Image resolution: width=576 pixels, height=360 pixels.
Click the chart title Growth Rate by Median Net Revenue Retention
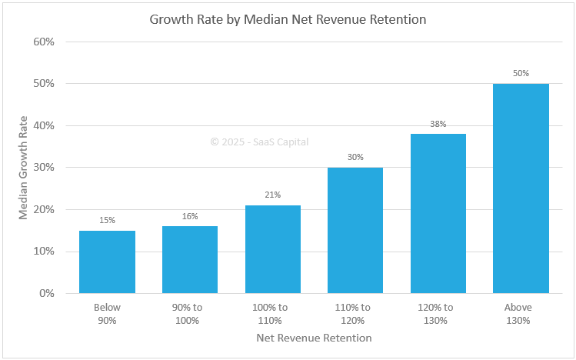[x=288, y=19]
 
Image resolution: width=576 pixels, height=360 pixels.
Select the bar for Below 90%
[x=107, y=262]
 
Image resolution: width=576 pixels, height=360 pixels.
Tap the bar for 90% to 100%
[x=190, y=260]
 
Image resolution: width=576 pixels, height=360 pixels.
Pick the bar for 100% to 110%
[x=272, y=249]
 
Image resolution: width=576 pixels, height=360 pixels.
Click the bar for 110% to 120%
[x=355, y=231]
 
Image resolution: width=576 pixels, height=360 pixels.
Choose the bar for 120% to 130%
[x=438, y=214]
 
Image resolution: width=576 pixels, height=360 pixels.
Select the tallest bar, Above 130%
[x=521, y=188]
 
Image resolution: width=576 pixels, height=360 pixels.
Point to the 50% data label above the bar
[x=521, y=73]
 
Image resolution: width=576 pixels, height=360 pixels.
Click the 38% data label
[x=438, y=124]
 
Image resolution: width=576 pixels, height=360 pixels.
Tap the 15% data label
[x=107, y=220]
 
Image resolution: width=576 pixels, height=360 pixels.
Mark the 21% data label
[x=272, y=195]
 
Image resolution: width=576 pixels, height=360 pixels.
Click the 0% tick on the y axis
[x=47, y=293]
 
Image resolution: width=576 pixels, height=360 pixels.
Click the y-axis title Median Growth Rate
[x=23, y=167]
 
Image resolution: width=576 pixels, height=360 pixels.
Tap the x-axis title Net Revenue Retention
[x=314, y=338]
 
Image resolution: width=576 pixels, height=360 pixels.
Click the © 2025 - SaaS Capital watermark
[x=259, y=142]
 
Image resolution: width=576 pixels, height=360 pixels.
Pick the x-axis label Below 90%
[x=107, y=314]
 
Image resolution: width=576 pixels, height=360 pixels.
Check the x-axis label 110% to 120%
[x=355, y=314]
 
